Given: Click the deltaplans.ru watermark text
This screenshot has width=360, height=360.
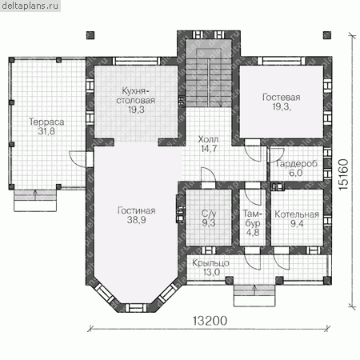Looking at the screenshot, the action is click(30, 6).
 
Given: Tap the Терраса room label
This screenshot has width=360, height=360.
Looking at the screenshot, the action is click(46, 122).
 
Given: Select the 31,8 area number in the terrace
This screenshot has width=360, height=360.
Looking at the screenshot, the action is click(46, 131).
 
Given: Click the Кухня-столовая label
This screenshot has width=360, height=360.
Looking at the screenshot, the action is click(136, 95).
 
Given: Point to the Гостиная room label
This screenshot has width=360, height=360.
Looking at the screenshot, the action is click(136, 210).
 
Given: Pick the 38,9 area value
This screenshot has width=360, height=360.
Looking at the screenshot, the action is click(136, 220).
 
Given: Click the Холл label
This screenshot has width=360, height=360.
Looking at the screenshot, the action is click(208, 139).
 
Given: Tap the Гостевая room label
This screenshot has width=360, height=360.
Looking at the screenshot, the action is click(282, 97).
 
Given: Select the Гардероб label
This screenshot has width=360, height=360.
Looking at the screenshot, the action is click(296, 163).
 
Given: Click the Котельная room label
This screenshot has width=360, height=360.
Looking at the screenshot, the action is click(297, 214).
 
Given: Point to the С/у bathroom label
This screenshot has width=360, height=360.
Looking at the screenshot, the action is click(209, 214).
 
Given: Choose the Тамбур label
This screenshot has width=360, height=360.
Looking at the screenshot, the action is click(253, 218).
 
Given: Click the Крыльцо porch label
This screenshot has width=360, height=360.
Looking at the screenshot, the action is click(210, 263).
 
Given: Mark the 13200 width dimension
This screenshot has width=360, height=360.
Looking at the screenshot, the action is click(210, 321).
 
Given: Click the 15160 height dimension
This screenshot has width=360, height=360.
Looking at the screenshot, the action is click(343, 174).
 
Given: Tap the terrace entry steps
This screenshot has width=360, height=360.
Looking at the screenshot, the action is click(35, 201).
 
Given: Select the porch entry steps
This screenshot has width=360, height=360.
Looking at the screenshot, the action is click(254, 295).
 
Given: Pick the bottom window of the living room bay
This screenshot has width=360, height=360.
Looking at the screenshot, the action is click(136, 307).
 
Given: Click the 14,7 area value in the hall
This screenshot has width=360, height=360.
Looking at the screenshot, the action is click(209, 149).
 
